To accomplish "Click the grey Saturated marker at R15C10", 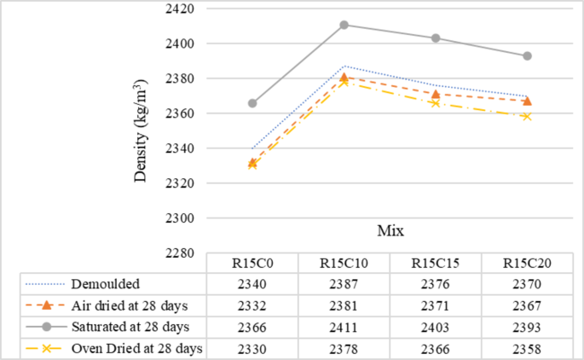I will [x=344, y=25].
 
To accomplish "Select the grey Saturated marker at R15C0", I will [x=252, y=103].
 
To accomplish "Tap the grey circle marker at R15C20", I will [x=527, y=56].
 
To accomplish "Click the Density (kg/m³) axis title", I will [x=141, y=129].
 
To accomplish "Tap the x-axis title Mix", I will [x=391, y=230].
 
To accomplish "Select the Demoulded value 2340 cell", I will [x=252, y=282].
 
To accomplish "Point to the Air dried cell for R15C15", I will [x=436, y=304].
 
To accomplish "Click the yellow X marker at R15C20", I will [x=527, y=116].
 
